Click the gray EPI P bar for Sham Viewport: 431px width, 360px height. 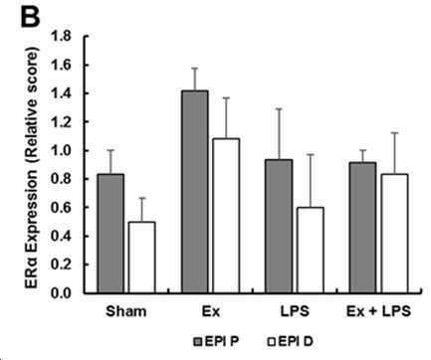[110, 234]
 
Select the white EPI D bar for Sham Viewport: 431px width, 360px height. [141, 258]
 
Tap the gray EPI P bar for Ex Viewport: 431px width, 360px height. [195, 192]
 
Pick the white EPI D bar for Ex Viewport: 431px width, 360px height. [226, 216]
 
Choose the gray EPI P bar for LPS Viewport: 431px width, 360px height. [279, 227]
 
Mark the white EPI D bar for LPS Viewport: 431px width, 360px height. [311, 251]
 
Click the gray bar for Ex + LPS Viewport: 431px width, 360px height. [363, 228]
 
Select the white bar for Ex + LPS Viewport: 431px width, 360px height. [394, 234]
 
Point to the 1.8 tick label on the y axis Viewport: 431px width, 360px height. [61, 36]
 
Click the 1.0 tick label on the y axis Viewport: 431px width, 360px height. [61, 150]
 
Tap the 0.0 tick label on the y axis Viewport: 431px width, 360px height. [61, 293]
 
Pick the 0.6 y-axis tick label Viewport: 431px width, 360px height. [61, 208]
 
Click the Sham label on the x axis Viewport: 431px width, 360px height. [126, 311]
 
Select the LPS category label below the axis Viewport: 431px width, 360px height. [295, 311]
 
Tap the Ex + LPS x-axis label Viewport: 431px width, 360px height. [378, 311]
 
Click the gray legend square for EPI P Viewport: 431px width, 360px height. [198, 341]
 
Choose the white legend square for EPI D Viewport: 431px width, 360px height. [271, 341]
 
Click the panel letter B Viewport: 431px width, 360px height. [30, 17]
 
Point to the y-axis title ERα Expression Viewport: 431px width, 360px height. [33, 229]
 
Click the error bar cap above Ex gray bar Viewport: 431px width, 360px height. [195, 69]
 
